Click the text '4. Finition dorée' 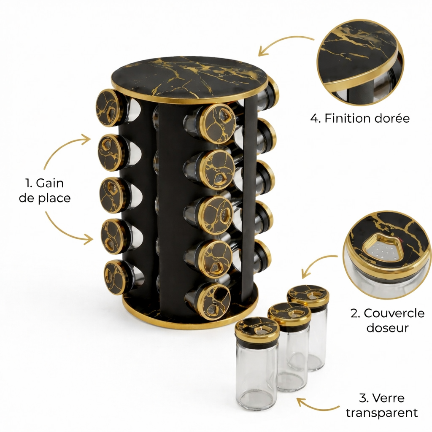[360, 118]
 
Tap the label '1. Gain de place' [45, 190]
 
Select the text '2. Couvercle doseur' [387, 321]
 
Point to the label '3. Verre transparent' [382, 405]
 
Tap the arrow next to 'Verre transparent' [317, 406]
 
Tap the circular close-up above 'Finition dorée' [360, 62]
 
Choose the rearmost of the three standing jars [308, 327]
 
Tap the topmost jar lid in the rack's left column [109, 108]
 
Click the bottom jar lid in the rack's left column [116, 277]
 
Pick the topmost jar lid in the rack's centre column [217, 124]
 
